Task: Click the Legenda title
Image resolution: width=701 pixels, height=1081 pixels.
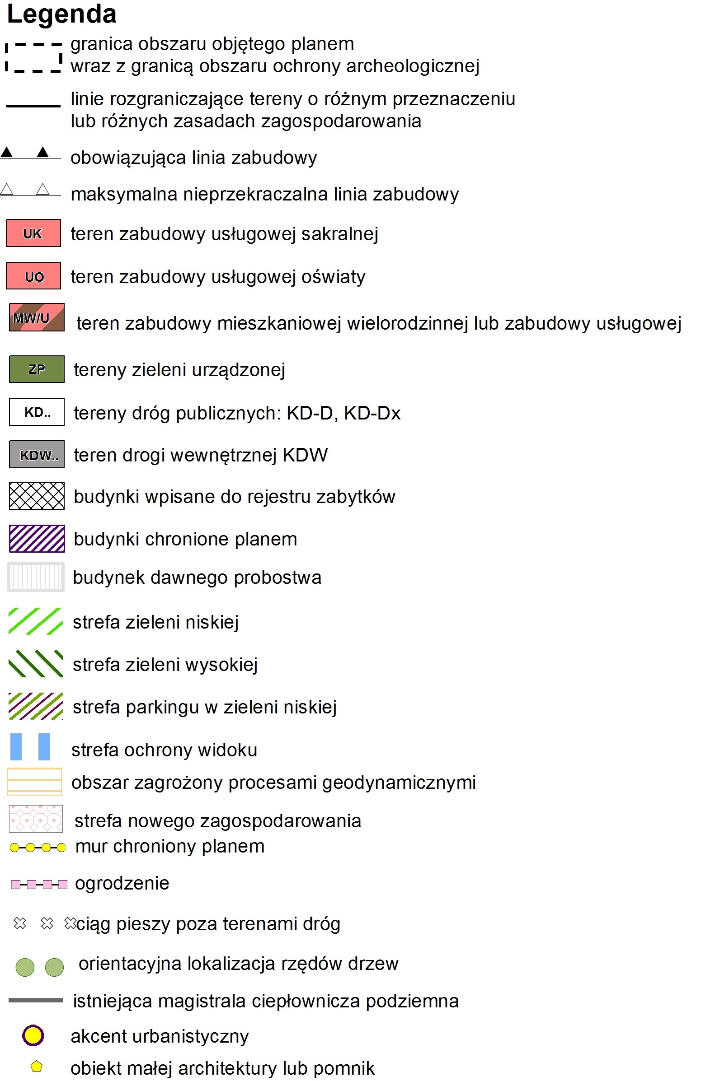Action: point(62,14)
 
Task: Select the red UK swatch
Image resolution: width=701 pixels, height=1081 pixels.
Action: point(33,233)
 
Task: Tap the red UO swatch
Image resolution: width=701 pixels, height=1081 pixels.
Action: point(33,276)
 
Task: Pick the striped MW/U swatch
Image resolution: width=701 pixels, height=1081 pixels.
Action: point(37,317)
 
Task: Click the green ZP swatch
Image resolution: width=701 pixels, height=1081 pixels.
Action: point(37,369)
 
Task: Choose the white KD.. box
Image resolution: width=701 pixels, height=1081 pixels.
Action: point(37,411)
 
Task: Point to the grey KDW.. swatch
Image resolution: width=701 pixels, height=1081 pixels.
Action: point(37,454)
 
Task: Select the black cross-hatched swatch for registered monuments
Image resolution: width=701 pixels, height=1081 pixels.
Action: point(37,495)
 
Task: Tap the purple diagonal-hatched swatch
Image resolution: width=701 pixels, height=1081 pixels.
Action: point(37,538)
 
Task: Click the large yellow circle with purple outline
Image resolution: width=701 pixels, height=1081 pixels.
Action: point(33,1035)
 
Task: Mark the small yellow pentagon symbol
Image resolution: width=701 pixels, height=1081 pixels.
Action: point(36,1066)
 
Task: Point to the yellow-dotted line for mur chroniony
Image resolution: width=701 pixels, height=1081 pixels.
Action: point(38,848)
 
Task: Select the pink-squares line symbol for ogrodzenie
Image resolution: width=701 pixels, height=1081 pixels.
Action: point(39,884)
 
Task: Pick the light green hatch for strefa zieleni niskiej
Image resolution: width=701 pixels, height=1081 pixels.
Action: point(35,621)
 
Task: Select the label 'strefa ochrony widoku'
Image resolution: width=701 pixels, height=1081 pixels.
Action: point(164,750)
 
